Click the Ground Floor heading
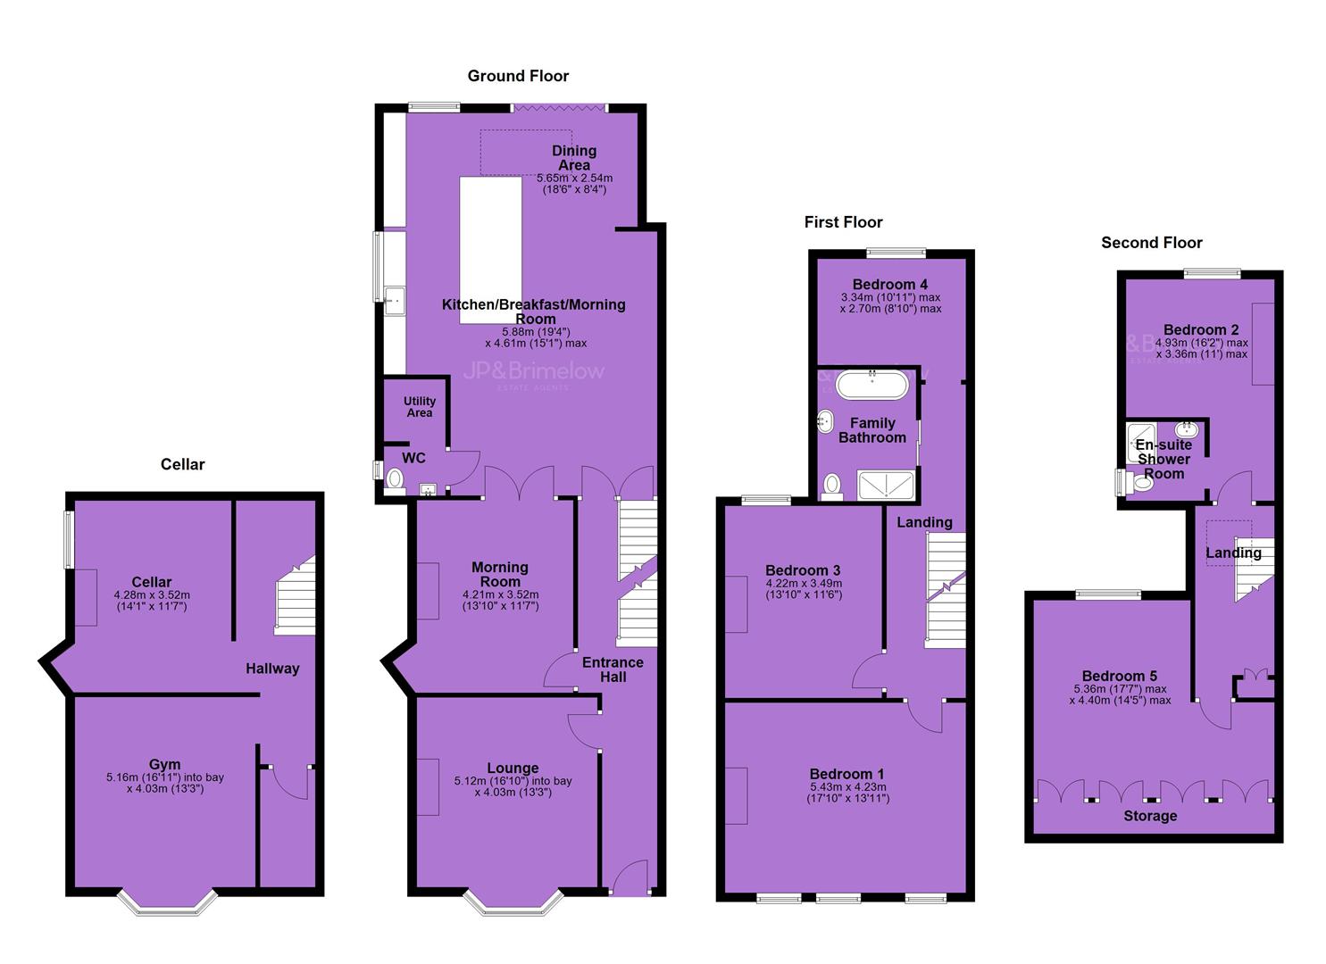[518, 76]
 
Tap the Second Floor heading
[1151, 243]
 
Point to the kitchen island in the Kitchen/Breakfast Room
[491, 250]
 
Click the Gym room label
[164, 764]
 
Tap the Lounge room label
[513, 768]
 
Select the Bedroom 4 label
[889, 284]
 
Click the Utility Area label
[420, 406]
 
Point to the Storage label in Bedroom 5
[1150, 816]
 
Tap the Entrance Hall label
[613, 669]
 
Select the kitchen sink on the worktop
[395, 301]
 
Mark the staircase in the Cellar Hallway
[295, 595]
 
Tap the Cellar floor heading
[182, 464]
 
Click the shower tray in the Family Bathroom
[886, 486]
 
